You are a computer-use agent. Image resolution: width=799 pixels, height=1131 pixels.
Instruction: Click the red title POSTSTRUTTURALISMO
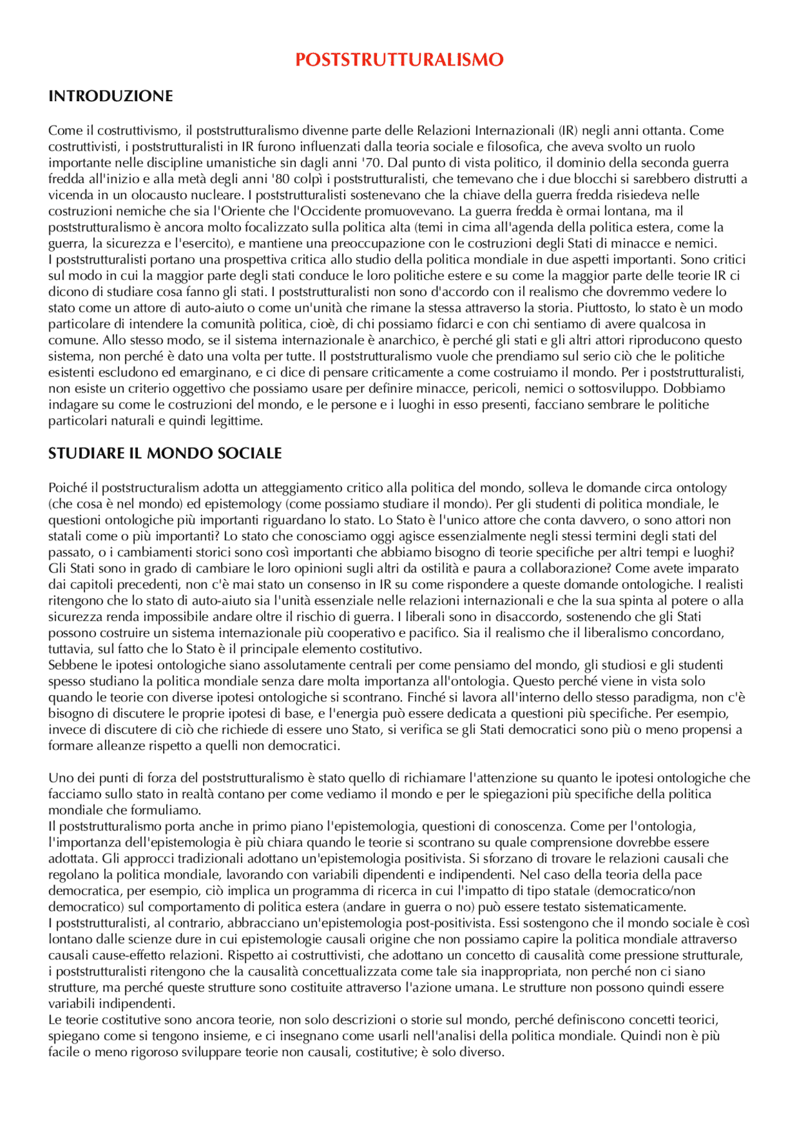coord(399,60)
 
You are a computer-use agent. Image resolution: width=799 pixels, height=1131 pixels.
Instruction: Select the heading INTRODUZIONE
coord(110,96)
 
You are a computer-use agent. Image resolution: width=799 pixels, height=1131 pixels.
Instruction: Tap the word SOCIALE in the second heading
coord(250,453)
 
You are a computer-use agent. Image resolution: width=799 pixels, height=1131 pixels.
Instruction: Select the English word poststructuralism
coord(150,488)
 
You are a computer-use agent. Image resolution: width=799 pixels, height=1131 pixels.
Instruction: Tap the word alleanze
coord(109,746)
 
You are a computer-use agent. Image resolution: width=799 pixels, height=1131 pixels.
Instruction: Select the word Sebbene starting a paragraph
coord(69,665)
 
